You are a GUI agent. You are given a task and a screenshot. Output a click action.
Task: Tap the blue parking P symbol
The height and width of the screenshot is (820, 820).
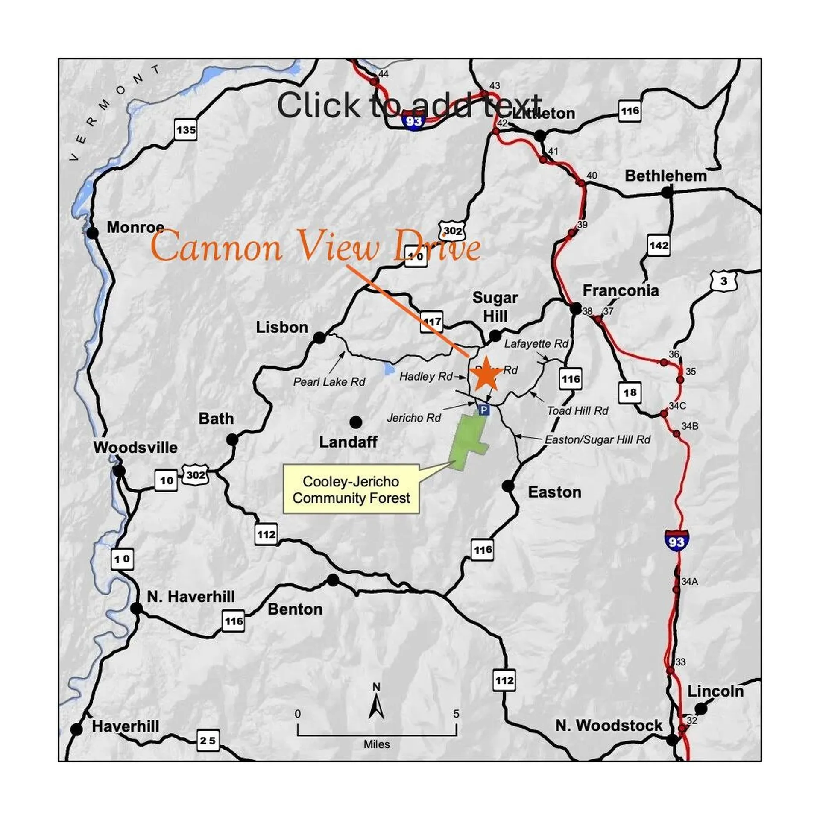pyautogui.click(x=483, y=410)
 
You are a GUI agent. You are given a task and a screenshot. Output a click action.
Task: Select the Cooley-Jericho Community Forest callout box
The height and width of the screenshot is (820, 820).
pyautogui.click(x=351, y=489)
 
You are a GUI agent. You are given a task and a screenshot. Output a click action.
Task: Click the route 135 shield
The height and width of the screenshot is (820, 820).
pyautogui.click(x=186, y=130)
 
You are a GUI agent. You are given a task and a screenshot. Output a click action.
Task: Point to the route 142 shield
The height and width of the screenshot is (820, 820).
pyautogui.click(x=658, y=246)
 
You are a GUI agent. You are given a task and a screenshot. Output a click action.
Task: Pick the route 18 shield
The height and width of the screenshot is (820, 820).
pyautogui.click(x=630, y=392)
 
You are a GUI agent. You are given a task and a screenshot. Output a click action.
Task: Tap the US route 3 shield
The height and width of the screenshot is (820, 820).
pyautogui.click(x=723, y=281)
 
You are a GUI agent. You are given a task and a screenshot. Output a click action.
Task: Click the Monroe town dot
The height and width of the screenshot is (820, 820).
pyautogui.click(x=92, y=233)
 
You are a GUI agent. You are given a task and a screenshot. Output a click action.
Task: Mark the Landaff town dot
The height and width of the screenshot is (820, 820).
pyautogui.click(x=355, y=422)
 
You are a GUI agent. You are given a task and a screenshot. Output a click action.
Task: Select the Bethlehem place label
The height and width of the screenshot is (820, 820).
pyautogui.click(x=665, y=176)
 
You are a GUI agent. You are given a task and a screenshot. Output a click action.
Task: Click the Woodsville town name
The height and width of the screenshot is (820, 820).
pyautogui.click(x=135, y=448)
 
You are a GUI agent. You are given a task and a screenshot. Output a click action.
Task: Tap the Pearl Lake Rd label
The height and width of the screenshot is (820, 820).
pyautogui.click(x=329, y=382)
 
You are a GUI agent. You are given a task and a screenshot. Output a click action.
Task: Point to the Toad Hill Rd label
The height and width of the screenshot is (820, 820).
pyautogui.click(x=577, y=411)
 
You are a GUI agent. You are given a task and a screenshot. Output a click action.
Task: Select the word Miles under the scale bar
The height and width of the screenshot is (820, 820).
pyautogui.click(x=376, y=744)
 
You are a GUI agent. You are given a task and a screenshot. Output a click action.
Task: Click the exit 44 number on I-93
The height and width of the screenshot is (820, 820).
pyautogui.click(x=383, y=74)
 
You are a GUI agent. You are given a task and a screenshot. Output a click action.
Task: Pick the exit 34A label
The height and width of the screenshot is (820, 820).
pyautogui.click(x=689, y=582)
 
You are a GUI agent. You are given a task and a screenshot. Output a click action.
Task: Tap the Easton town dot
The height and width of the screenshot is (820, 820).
pyautogui.click(x=508, y=486)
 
